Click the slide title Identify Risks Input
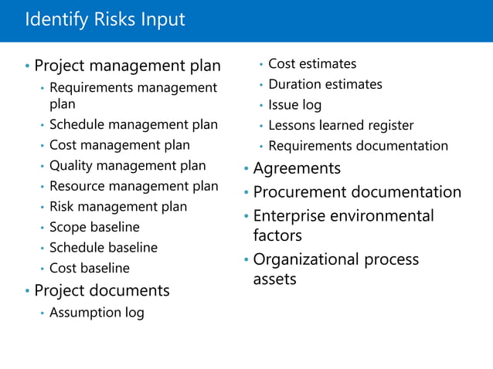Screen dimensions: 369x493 click(x=105, y=19)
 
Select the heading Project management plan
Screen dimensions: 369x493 click(x=127, y=66)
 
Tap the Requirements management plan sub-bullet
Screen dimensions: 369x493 click(x=133, y=96)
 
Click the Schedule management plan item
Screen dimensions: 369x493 click(x=134, y=124)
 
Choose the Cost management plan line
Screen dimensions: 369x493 click(x=120, y=145)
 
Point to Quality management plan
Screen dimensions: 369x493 click(x=127, y=165)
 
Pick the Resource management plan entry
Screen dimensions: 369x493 click(x=134, y=186)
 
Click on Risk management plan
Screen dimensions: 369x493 click(x=118, y=206)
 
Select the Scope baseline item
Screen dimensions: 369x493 click(x=94, y=227)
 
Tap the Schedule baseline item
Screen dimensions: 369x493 click(x=104, y=248)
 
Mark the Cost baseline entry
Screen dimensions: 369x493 click(x=90, y=269)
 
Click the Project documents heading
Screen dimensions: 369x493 click(x=102, y=291)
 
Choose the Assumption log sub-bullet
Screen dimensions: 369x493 click(x=97, y=313)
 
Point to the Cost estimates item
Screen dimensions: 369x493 click(x=312, y=63)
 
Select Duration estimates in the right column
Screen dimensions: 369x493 click(x=325, y=84)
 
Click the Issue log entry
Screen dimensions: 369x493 click(x=295, y=105)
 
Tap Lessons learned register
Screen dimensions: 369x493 click(x=341, y=125)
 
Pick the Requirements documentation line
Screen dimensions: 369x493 click(x=358, y=146)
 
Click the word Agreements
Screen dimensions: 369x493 click(x=297, y=168)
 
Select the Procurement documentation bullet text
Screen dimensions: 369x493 click(x=357, y=192)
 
